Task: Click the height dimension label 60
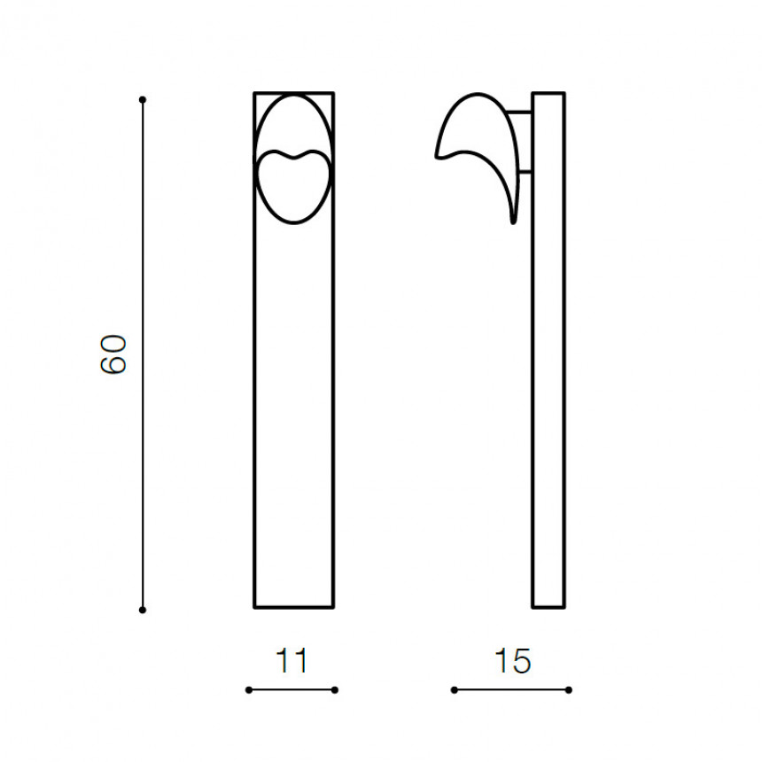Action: (x=113, y=354)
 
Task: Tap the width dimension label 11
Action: (x=292, y=660)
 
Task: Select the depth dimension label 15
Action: (x=513, y=660)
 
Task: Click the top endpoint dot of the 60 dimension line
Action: (x=143, y=99)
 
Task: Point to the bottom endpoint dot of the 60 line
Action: (x=143, y=610)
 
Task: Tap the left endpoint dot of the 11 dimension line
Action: (x=249, y=690)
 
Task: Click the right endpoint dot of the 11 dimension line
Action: (x=334, y=690)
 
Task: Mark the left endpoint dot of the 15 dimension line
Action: (x=455, y=690)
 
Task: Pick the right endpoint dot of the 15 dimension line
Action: (x=569, y=690)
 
